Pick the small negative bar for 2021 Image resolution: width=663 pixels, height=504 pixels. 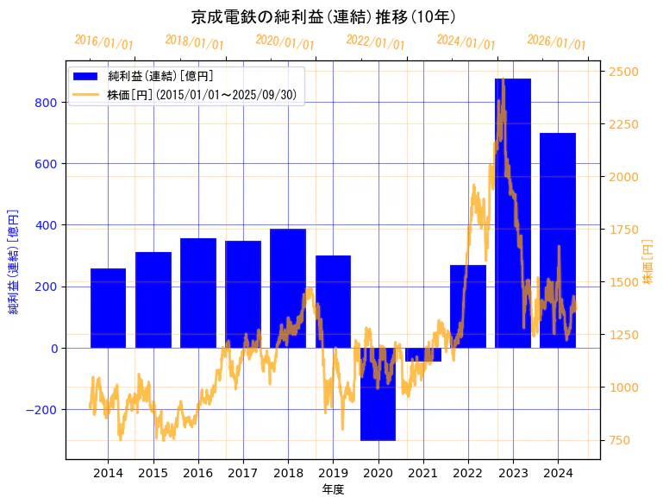click(422, 355)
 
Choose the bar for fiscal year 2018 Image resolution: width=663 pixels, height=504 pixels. click(288, 288)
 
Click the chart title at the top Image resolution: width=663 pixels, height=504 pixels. click(323, 16)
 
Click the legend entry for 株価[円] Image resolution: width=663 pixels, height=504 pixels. click(203, 95)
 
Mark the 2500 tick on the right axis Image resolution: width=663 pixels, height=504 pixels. click(623, 72)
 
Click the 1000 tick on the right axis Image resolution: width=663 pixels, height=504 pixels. click(623, 387)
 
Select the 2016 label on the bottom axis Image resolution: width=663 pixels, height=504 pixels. click(197, 473)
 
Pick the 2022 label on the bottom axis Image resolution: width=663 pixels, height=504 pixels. click(467, 473)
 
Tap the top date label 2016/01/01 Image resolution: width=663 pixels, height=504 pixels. click(103, 42)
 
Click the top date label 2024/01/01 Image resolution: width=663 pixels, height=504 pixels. click(466, 42)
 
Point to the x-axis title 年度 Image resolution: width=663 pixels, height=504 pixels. click(333, 489)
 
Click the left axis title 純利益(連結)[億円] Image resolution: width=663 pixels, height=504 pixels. click(14, 261)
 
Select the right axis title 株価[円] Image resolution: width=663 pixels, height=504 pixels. click(648, 261)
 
